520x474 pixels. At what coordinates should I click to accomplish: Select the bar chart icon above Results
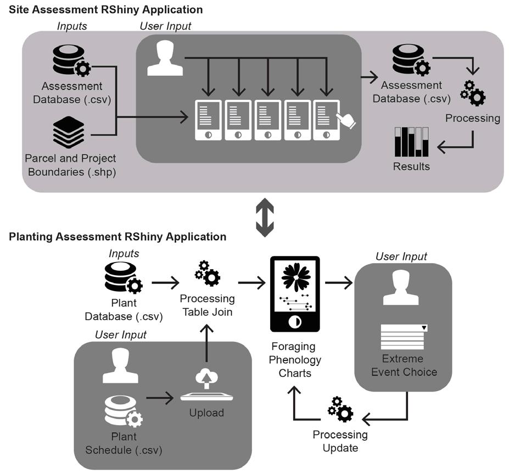point(411,142)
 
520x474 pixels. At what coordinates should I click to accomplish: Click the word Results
point(411,166)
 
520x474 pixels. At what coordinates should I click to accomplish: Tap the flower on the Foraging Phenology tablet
point(295,277)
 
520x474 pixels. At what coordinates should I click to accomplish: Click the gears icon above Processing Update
point(340,409)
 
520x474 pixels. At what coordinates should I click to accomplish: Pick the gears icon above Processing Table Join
point(208,274)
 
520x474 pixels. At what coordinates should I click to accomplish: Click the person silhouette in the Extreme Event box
point(404,289)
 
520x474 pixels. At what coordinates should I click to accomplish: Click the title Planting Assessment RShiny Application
point(118,237)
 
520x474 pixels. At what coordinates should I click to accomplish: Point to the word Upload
point(206,412)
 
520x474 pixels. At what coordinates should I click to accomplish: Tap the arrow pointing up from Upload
point(206,340)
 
